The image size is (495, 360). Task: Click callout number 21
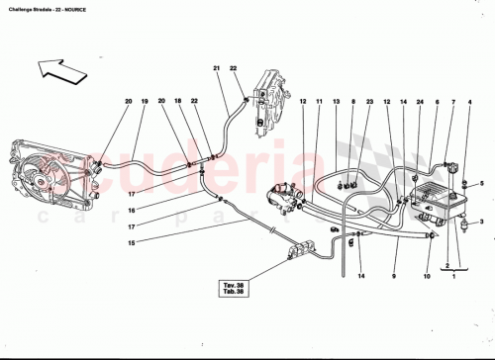pos(215,67)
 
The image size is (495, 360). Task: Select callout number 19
pos(144,102)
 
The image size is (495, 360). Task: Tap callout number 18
pos(180,102)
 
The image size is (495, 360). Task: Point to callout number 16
pos(159,210)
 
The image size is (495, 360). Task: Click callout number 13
pos(337,102)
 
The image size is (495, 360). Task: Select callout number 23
pos(369,102)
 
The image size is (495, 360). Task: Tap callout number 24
pos(420,102)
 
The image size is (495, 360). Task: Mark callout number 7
pos(453,102)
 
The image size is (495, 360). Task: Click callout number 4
pos(469,102)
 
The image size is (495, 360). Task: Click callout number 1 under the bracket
pos(454,280)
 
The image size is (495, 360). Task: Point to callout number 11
pos(320,102)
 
